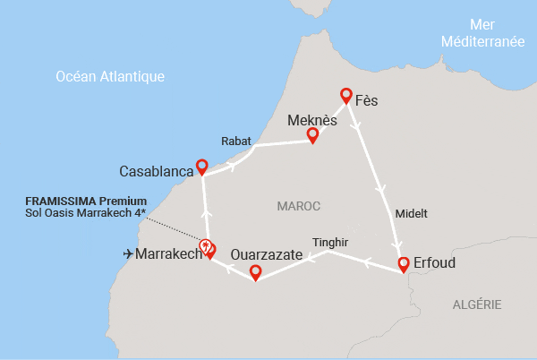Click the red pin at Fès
tap(346, 95)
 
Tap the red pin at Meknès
tap(312, 134)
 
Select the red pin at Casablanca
tap(202, 166)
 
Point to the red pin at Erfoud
tap(404, 263)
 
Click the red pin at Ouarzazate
tap(255, 271)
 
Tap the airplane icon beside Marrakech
tap(128, 254)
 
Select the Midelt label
tap(412, 214)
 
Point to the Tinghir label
tap(330, 242)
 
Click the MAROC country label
tap(299, 206)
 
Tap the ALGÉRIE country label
tap(476, 304)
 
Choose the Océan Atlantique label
tap(110, 77)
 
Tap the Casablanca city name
tap(157, 170)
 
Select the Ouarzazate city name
tap(267, 254)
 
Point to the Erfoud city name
tap(437, 264)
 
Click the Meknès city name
tap(313, 118)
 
